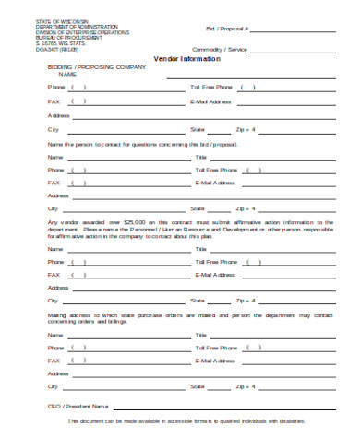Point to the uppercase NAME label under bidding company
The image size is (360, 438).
55,74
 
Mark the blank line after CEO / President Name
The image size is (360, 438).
222,407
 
